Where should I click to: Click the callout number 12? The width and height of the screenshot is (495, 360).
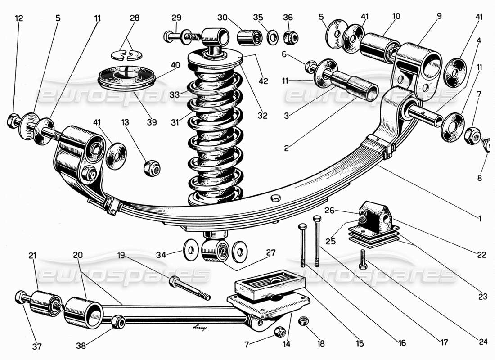pos(18,18)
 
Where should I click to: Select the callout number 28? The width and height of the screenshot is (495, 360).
pos(134,18)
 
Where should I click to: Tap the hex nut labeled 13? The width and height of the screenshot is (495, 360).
pos(149,168)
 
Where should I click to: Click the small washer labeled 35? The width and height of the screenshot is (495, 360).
pos(271,37)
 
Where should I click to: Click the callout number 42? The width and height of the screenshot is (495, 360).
pos(263,81)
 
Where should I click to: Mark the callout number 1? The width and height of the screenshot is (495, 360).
pos(480,219)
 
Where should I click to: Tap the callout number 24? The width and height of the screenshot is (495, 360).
pos(483,342)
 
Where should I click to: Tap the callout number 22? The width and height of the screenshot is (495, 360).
pos(482,255)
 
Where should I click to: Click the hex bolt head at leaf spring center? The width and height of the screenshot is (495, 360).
pos(276,198)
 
